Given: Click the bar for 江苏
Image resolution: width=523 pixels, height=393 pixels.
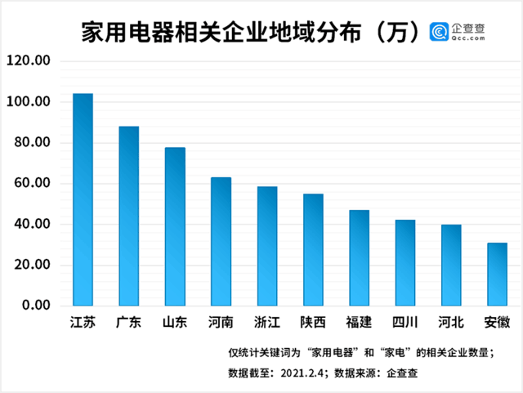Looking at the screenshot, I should click(83, 200).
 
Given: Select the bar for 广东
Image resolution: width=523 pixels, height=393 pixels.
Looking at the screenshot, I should click(129, 217).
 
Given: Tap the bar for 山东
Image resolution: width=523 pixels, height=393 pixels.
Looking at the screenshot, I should click(175, 227).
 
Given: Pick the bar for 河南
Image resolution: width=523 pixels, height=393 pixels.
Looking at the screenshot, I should click(221, 242).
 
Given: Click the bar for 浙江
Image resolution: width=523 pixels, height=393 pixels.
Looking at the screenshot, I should click(267, 247).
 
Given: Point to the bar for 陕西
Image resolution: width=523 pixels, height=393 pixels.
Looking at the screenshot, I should click(313, 250).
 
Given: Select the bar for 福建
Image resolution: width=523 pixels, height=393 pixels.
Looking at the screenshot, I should click(359, 258).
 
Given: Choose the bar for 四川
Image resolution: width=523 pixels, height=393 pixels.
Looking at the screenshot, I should click(405, 263).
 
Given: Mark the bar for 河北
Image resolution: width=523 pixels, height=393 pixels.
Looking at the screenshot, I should click(451, 266).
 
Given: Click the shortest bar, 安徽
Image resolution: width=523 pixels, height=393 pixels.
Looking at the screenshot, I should click(497, 275).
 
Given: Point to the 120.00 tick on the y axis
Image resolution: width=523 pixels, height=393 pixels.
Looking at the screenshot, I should click(29, 61).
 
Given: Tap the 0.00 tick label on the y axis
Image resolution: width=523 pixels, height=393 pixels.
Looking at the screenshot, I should click(36, 306).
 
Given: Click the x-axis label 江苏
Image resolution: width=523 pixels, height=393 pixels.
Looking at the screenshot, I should click(83, 322).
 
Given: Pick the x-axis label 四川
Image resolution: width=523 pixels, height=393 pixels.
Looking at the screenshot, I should click(405, 322).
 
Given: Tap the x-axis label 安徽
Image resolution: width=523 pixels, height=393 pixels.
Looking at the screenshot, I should click(497, 322).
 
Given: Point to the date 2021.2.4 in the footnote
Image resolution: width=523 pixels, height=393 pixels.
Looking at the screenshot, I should click(305, 373).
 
